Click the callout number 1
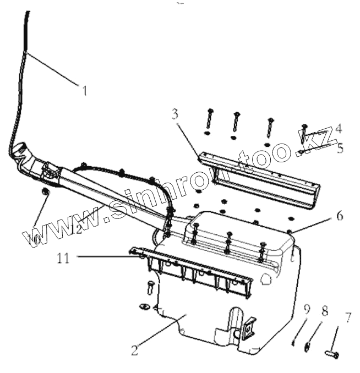coord(84,90)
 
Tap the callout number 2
coord(134,348)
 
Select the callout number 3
coord(174,114)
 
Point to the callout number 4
coord(339,129)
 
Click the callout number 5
coord(340,148)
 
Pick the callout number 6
coord(340,216)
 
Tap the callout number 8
coord(325,311)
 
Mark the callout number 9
coord(306,309)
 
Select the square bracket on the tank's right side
coord(247,329)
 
